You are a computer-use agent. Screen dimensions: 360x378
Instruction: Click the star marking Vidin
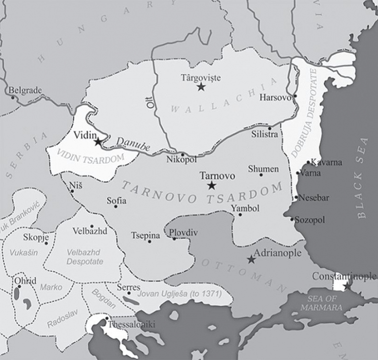[98, 142]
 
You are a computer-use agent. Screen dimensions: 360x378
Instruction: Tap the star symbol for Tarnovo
[211, 186]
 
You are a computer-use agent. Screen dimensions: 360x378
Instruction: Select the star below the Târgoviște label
[201, 87]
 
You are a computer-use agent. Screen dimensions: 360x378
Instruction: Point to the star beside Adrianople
[251, 259]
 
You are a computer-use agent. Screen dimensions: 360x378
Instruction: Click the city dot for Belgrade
[13, 98]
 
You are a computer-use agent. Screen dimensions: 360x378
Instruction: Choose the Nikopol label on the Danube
[181, 159]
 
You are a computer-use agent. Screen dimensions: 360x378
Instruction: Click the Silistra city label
[265, 135]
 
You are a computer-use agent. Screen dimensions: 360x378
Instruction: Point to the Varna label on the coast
[311, 173]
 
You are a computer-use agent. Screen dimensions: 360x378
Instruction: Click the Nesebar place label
[314, 198]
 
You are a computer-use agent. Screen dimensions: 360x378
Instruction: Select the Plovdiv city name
[183, 233]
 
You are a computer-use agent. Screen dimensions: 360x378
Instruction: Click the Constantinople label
[344, 276]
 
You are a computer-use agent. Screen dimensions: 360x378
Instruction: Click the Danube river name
[131, 144]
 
